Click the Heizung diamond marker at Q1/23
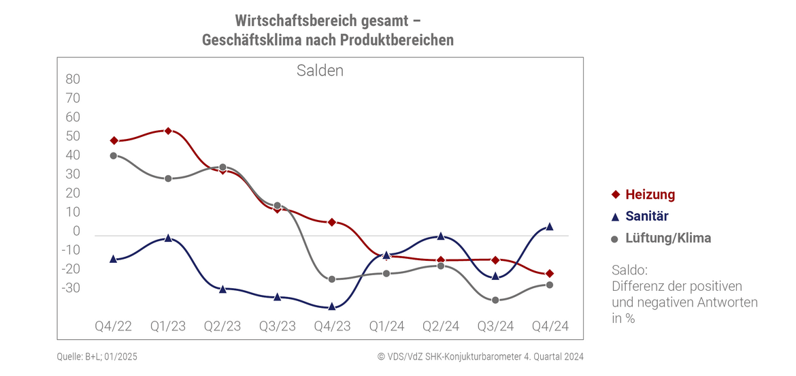168,131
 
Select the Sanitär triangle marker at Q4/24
550,226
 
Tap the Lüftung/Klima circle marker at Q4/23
331,279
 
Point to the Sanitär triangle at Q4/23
331,307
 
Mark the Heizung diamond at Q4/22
114,140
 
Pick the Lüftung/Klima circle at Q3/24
495,300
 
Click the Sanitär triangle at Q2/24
441,236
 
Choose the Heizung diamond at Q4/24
550,274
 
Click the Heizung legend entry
643,194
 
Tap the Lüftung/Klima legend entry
661,238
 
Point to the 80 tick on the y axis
73,79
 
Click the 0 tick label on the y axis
77,232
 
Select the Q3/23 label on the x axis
277,326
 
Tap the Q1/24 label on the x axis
386,326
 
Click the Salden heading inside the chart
320,70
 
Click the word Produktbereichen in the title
397,40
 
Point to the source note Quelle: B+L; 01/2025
98,356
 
